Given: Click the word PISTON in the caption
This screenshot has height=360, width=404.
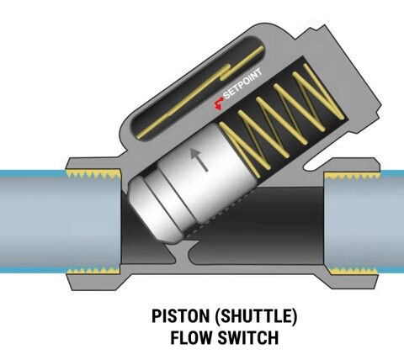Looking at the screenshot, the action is pyautogui.click(x=181, y=316).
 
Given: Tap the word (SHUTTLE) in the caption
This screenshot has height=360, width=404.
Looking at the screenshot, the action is pyautogui.click(x=256, y=316).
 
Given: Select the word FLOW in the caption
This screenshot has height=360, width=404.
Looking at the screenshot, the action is pyautogui.click(x=191, y=337).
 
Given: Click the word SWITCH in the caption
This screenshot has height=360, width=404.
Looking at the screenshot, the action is pyautogui.click(x=248, y=337).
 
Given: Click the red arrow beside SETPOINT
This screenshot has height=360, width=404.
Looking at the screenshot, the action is pyautogui.click(x=218, y=103).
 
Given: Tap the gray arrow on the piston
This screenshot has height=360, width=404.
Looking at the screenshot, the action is pyautogui.click(x=199, y=160).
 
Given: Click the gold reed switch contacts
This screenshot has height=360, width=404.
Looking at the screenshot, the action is pyautogui.click(x=200, y=93).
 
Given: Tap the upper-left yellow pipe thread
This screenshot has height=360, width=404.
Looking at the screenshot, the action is pyautogui.click(x=93, y=174).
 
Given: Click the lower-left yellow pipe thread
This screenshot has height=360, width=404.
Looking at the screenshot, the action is pyautogui.click(x=93, y=270).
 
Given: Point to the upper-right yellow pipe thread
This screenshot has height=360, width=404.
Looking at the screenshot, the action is pyautogui.click(x=352, y=176).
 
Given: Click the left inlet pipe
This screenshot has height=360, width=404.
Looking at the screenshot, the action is pyautogui.click(x=61, y=221).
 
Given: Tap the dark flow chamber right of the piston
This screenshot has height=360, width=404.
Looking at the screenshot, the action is pyautogui.click(x=267, y=227).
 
